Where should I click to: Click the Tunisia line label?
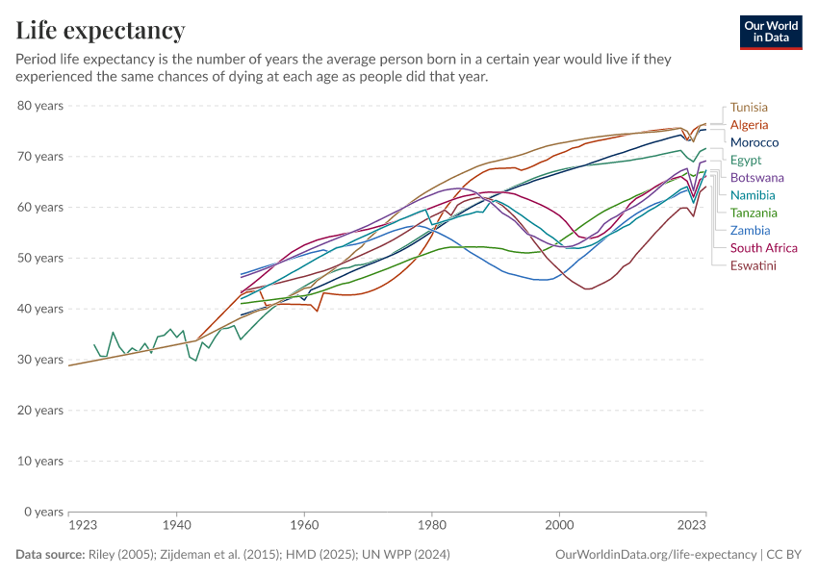coord(749,108)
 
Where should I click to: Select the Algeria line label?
coord(749,125)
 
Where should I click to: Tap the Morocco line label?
coord(754,142)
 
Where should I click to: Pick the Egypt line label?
coord(746,160)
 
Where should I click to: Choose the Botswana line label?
coord(756,178)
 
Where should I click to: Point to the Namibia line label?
coord(753,195)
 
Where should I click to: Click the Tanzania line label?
coord(754,213)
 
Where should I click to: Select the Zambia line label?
coord(750,230)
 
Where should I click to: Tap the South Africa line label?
coord(763,248)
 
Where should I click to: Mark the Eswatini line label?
coord(753,265)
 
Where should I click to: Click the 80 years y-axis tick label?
coord(40,105)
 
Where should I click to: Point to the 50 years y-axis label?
coord(40,258)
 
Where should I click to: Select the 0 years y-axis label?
coord(43,512)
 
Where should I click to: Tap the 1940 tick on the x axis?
coord(175,526)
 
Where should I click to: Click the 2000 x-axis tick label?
coord(559,526)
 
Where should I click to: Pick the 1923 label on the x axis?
coord(83,526)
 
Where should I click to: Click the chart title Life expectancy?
coord(100,31)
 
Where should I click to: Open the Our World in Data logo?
coord(771,32)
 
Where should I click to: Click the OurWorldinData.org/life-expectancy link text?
coord(656,555)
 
